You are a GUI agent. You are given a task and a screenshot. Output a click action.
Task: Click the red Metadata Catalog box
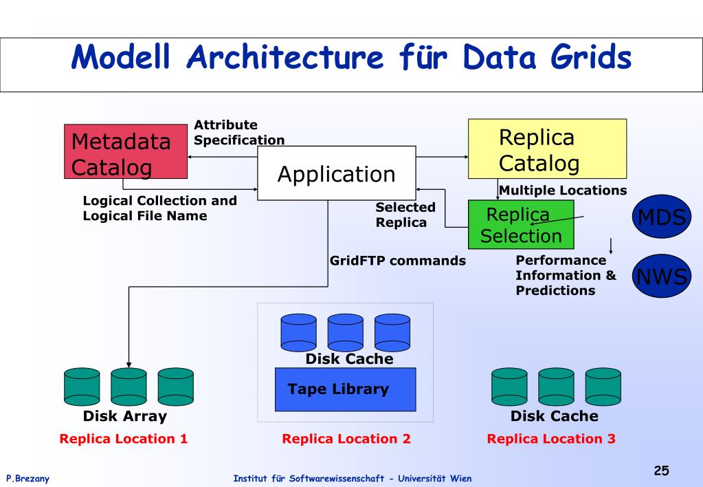(126, 151)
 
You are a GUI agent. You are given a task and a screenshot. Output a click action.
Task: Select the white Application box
(337, 173)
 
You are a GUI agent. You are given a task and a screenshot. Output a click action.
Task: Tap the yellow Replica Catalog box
(548, 149)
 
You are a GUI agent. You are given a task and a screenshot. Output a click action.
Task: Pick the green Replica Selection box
(521, 224)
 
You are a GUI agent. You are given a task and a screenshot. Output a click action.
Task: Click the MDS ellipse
(662, 217)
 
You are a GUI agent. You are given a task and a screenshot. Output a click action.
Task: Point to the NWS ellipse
(662, 276)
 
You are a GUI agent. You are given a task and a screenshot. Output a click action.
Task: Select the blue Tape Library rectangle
(345, 389)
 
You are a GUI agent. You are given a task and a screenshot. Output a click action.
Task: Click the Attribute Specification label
(239, 132)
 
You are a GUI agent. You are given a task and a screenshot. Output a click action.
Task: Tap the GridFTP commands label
(398, 261)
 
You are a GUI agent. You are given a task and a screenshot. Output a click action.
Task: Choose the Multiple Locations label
(563, 191)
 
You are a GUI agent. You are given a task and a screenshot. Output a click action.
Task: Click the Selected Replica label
(405, 215)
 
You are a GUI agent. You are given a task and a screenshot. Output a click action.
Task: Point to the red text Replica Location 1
(123, 439)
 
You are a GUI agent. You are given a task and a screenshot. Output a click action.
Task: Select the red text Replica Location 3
(551, 439)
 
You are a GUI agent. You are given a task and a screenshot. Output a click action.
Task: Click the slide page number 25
(661, 470)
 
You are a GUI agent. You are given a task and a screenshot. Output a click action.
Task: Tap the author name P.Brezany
(27, 479)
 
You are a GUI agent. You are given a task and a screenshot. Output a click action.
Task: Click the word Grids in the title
(591, 57)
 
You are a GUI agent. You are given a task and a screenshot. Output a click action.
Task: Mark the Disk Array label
(124, 416)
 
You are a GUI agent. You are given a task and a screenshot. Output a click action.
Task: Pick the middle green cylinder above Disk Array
(129, 387)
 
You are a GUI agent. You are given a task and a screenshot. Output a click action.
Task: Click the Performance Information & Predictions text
(566, 275)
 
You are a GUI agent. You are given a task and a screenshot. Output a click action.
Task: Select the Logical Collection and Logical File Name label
(159, 208)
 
